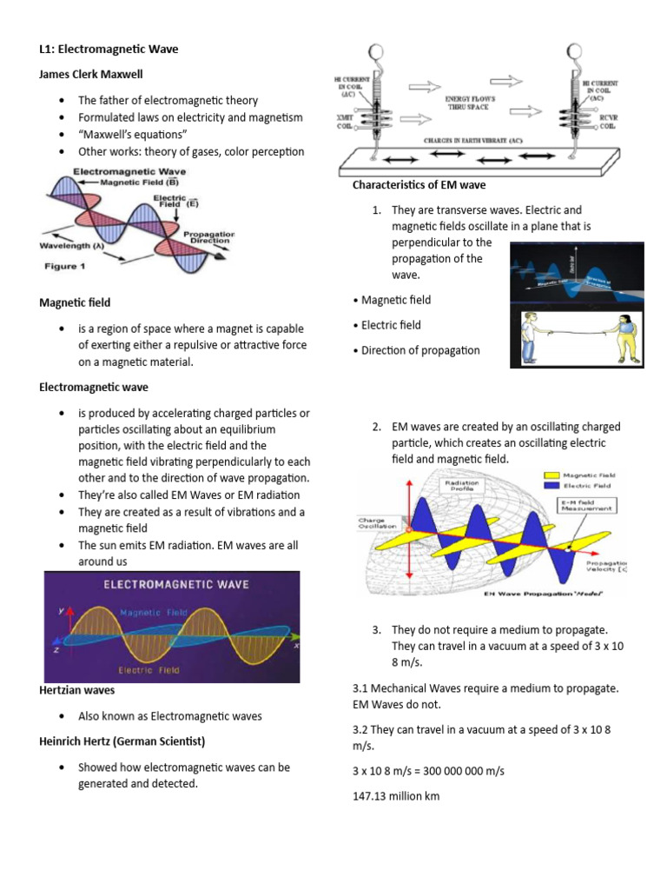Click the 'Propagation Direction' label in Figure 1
pyautogui.click(x=206, y=237)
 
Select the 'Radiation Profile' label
pyautogui.click(x=464, y=487)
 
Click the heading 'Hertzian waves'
pyautogui.click(x=77, y=690)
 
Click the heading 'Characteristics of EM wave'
pyautogui.click(x=419, y=184)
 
